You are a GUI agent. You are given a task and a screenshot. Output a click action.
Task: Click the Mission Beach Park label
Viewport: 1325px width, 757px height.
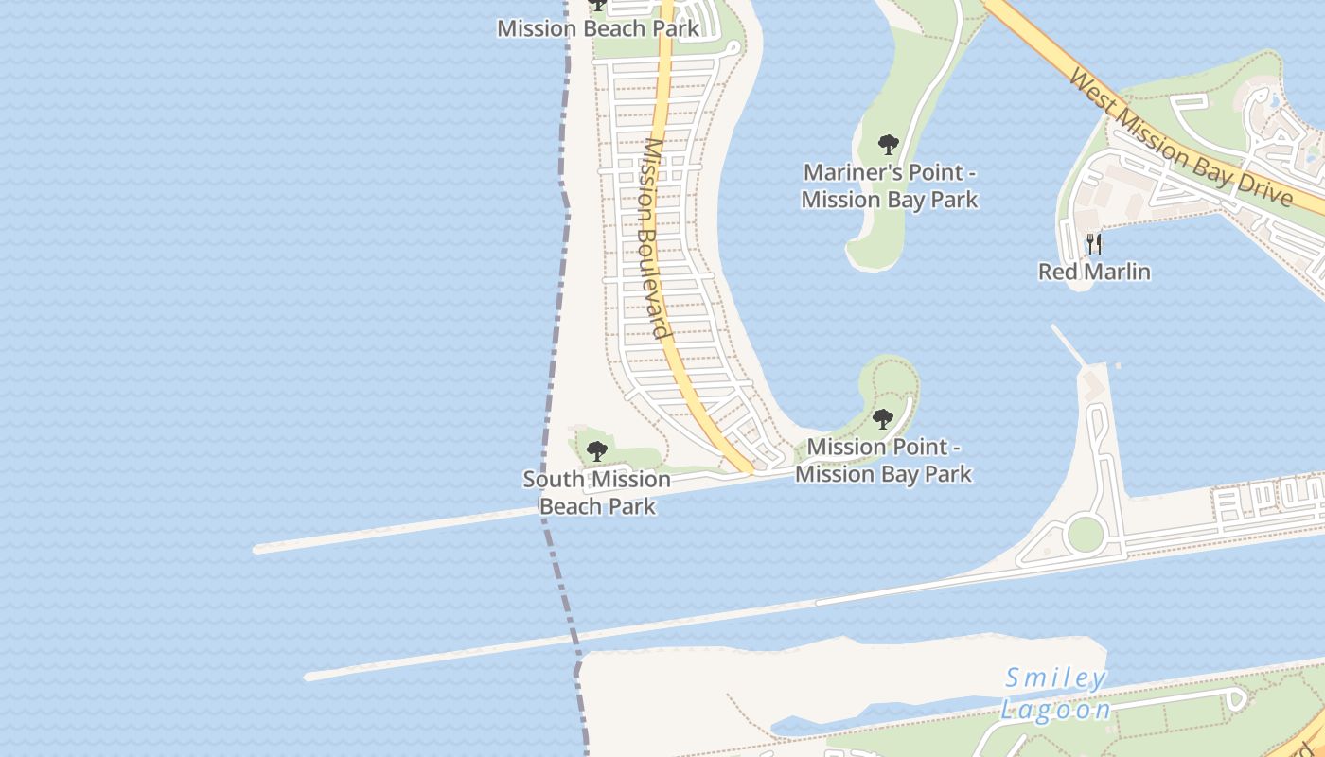(598, 27)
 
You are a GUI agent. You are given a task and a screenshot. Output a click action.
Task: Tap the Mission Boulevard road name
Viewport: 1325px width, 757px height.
(656, 238)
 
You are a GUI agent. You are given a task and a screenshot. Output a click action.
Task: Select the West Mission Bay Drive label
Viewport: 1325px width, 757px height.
(1180, 136)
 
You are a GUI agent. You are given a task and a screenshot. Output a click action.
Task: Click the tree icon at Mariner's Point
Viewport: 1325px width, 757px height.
(888, 145)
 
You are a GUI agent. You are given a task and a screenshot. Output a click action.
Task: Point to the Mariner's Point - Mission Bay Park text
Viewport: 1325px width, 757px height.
(889, 186)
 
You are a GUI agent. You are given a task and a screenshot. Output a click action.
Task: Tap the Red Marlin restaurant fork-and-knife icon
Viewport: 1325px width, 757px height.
(1094, 244)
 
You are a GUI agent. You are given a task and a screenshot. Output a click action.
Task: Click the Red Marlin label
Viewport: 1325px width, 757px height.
(1094, 272)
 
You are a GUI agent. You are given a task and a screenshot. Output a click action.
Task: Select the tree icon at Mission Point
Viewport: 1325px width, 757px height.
(883, 418)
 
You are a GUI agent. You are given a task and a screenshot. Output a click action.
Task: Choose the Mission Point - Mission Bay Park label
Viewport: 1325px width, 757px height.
(883, 460)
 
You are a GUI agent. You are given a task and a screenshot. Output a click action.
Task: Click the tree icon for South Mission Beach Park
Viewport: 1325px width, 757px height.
(596, 451)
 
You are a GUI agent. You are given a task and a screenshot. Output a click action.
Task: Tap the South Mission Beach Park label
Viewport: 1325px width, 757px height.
(597, 493)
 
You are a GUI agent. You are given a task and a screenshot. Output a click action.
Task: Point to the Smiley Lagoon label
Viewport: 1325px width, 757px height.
(1056, 695)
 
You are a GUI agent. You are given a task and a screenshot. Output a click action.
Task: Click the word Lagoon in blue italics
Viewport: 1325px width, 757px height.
(1056, 710)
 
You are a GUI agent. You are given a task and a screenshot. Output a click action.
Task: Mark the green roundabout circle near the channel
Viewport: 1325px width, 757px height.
(1085, 534)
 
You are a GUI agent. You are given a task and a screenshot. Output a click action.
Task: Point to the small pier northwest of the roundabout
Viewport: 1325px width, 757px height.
(1068, 343)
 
